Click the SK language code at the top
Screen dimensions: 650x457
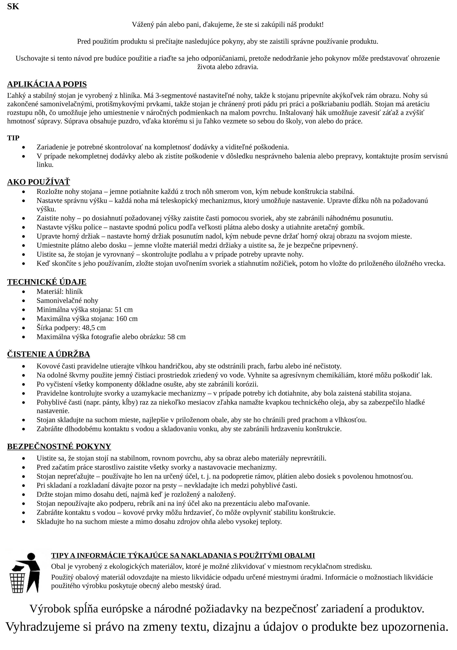point(13,7)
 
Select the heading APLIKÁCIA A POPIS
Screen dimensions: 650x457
point(47,84)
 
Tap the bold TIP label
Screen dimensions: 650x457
point(13,138)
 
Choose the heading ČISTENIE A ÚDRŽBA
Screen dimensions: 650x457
point(48,354)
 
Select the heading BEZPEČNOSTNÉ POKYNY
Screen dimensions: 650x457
point(59,447)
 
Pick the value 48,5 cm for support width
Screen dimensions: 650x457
point(94,328)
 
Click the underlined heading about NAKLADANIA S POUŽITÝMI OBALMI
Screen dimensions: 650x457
point(183,555)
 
